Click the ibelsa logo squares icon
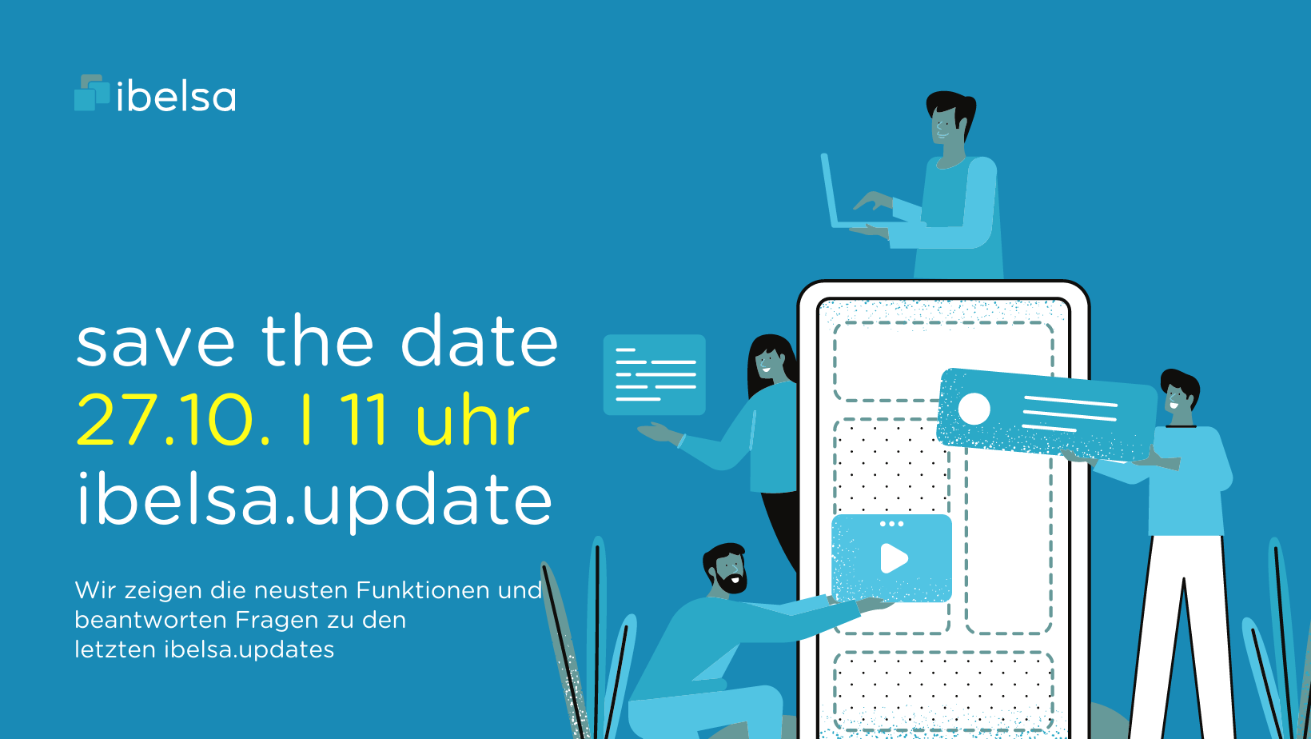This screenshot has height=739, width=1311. [92, 93]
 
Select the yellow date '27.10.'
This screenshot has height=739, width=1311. [173, 419]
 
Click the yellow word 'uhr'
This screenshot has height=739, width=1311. [472, 419]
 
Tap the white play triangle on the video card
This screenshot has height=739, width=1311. [894, 558]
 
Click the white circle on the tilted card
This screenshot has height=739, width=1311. [974, 409]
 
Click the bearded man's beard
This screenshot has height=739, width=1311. [731, 581]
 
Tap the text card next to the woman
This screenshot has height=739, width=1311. [655, 375]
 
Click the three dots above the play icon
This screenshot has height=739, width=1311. [891, 524]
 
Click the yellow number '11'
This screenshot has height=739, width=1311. [363, 419]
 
